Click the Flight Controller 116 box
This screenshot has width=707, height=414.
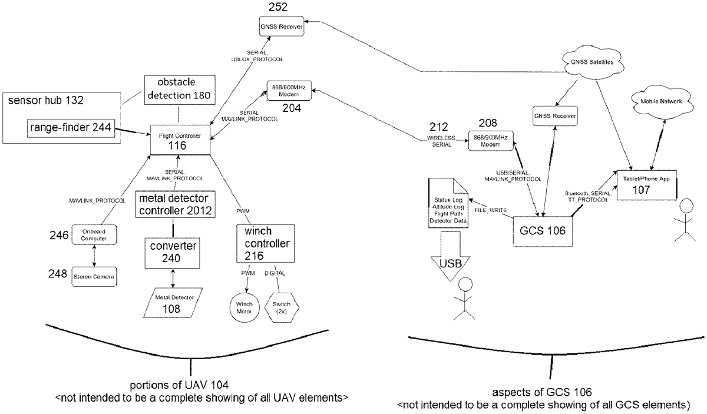(180, 140)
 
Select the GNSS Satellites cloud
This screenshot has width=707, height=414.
(593, 62)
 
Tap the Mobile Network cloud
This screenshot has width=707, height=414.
(661, 101)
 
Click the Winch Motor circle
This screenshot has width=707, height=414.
(245, 307)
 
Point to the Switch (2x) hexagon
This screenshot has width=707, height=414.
(282, 307)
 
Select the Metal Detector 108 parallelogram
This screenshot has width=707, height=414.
(173, 303)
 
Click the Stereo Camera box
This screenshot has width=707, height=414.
(94, 277)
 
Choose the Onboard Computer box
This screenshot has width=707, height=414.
(94, 234)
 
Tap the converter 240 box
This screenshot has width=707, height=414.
(172, 253)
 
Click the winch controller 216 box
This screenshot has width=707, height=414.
(266, 243)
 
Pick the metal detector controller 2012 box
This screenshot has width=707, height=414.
(176, 204)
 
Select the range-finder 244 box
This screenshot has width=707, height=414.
(71, 128)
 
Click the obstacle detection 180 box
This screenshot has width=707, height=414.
(180, 90)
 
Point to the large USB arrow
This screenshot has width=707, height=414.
(450, 256)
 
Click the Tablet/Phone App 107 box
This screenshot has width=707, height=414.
(647, 185)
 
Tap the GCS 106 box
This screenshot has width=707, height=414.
(543, 231)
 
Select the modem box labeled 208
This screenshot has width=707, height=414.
(490, 141)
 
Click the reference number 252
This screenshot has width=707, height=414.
(278, 7)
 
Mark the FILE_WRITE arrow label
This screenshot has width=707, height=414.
(490, 210)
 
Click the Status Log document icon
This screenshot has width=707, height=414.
(448, 203)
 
